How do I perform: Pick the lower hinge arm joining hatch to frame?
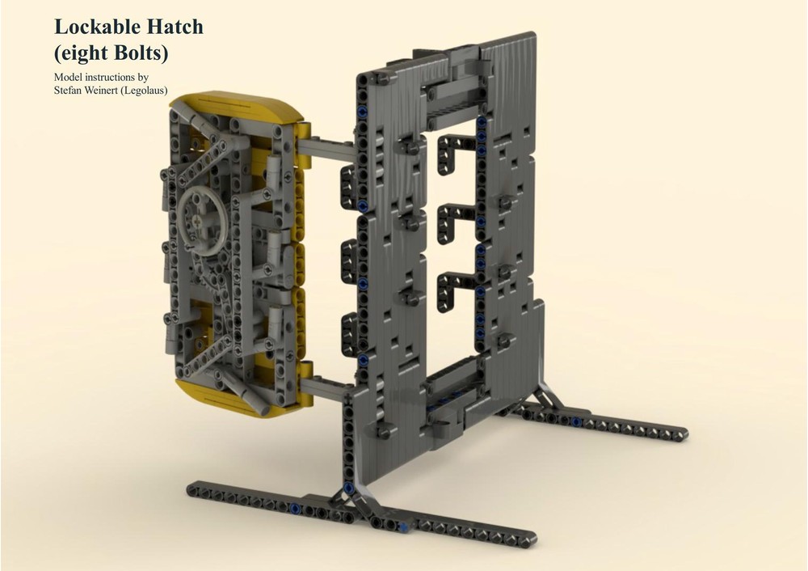click(327, 389)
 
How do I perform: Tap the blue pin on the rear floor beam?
click(576, 421)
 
